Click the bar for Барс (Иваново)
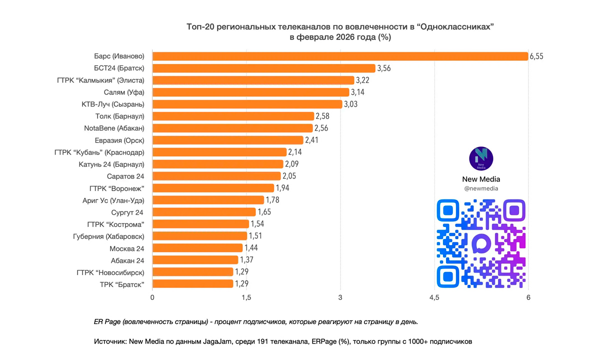(340, 56)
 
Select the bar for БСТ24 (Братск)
(263, 68)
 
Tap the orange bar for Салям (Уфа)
(250, 92)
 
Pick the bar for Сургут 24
(204, 212)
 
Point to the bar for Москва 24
(197, 248)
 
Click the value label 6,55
(536, 56)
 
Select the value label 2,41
(311, 140)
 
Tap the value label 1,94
(282, 188)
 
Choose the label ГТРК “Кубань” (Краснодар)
(99, 152)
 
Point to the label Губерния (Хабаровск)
(108, 236)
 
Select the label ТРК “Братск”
(122, 284)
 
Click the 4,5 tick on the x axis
(434, 298)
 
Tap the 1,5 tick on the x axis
(246, 298)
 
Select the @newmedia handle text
(481, 188)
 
